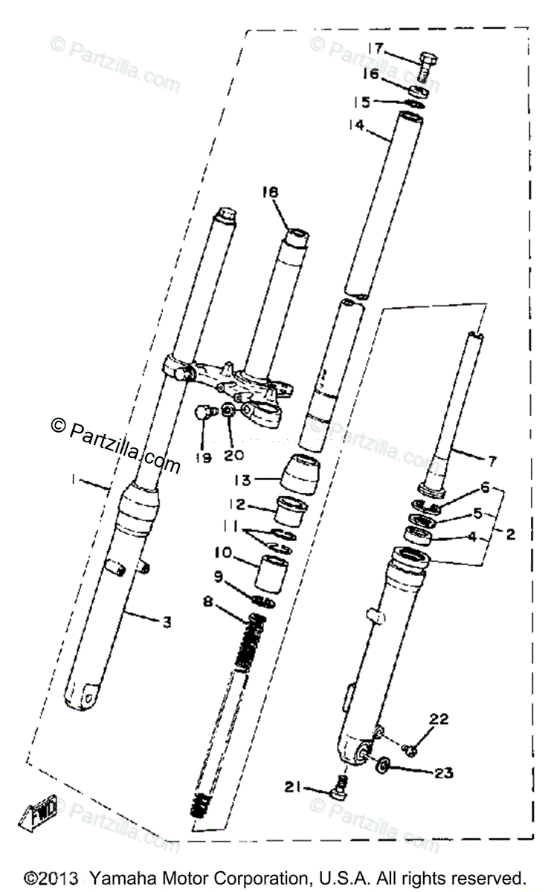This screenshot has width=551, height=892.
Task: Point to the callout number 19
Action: [204, 458]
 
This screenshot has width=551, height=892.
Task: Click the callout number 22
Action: [439, 718]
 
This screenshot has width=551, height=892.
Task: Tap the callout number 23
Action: [443, 772]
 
